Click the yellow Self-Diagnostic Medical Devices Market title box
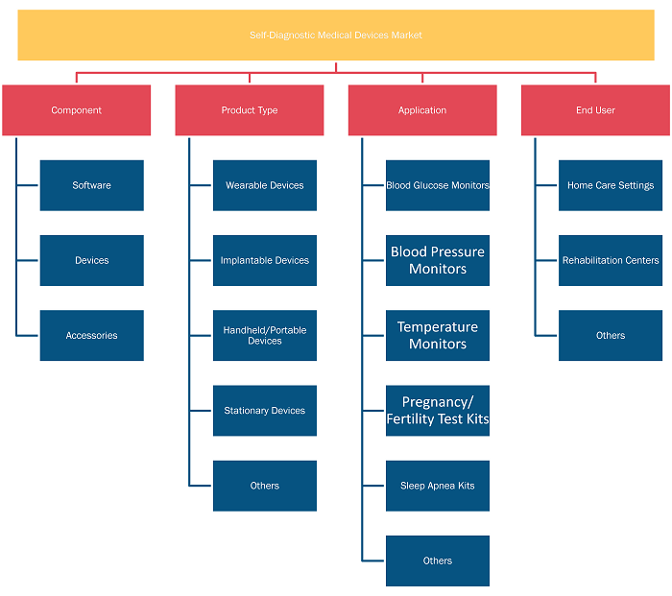(x=336, y=36)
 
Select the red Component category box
(x=76, y=110)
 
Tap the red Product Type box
(x=250, y=110)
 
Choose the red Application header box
(x=422, y=110)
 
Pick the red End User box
(x=596, y=110)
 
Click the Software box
(x=92, y=185)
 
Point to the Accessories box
(x=92, y=336)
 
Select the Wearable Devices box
(x=265, y=185)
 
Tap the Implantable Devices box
(x=265, y=260)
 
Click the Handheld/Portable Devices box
(x=265, y=336)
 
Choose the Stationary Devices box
(x=265, y=411)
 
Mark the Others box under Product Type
(x=265, y=486)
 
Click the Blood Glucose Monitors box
(x=438, y=185)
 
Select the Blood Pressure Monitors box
(x=438, y=260)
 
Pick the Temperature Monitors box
(x=438, y=336)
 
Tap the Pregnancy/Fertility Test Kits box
(x=438, y=411)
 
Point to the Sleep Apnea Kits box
(x=438, y=486)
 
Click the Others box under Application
(x=438, y=560)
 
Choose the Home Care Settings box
(x=611, y=185)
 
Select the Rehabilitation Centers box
(x=611, y=260)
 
